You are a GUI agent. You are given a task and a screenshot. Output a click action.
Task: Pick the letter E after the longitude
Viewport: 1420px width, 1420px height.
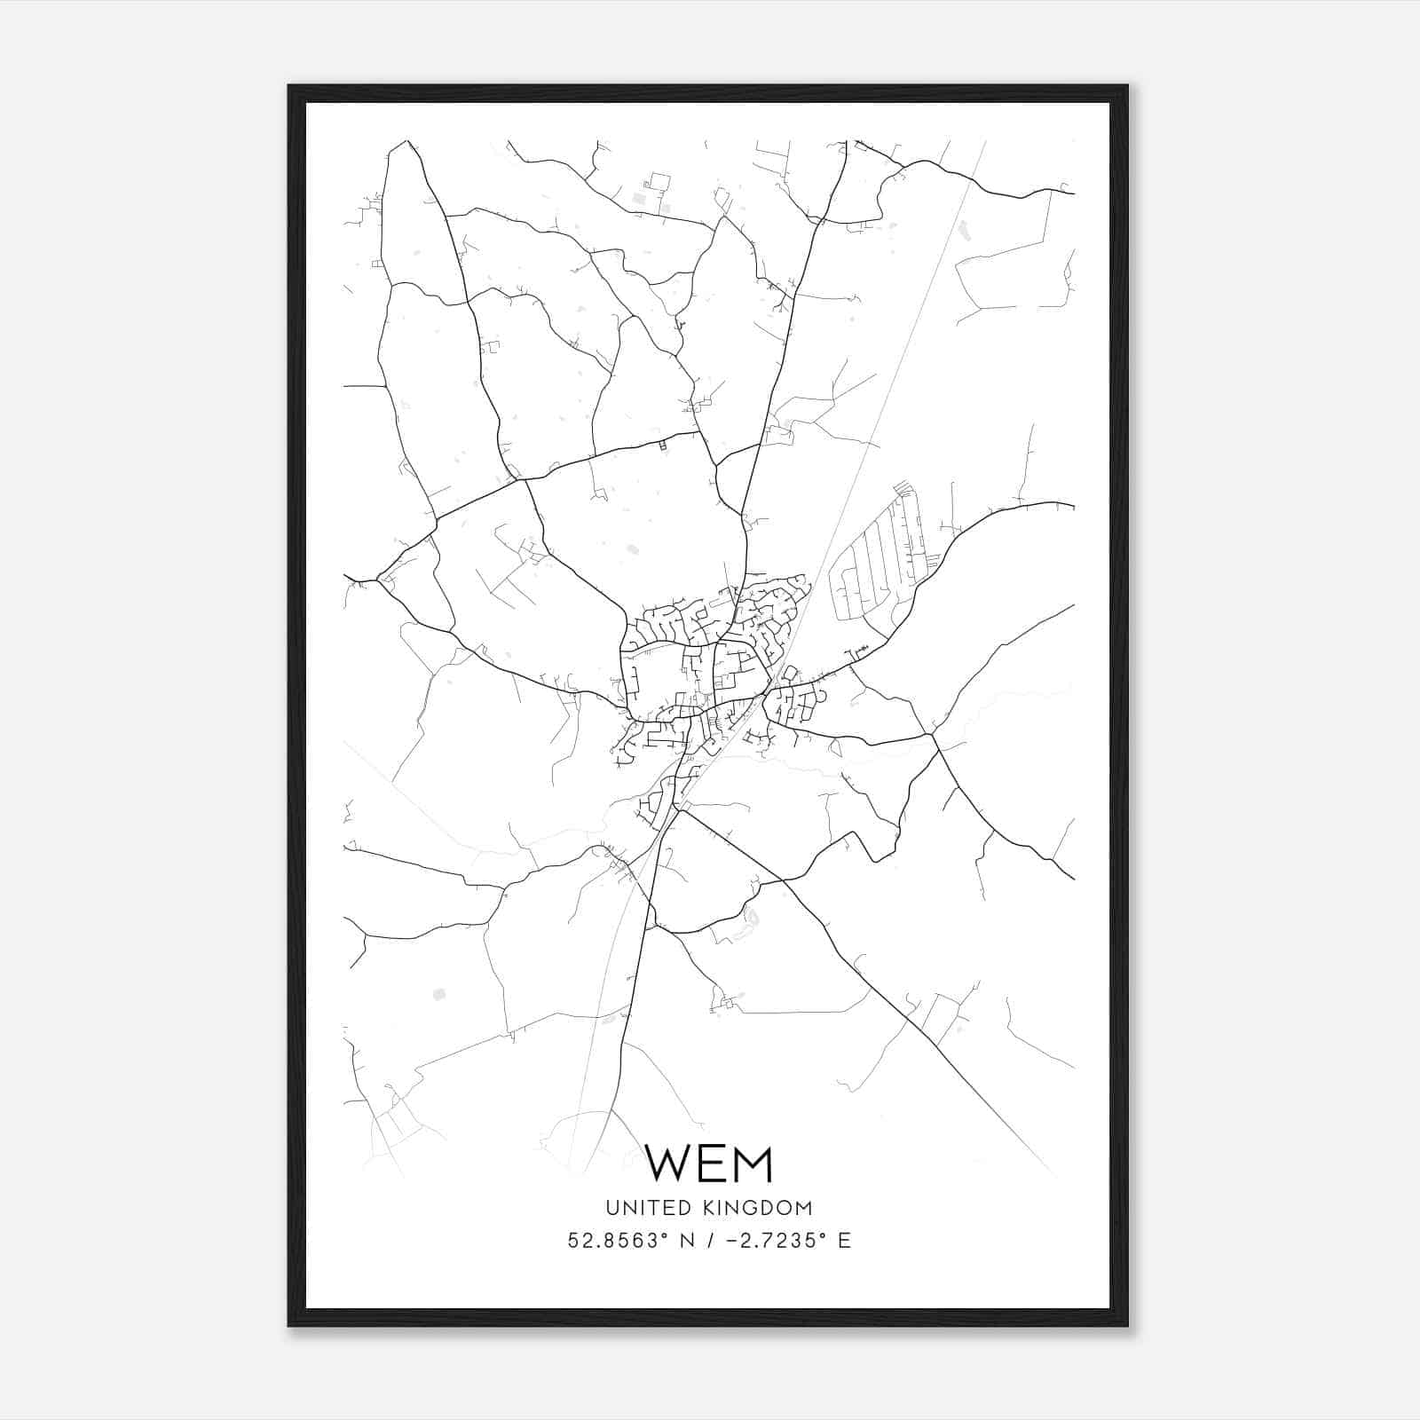[x=844, y=1241]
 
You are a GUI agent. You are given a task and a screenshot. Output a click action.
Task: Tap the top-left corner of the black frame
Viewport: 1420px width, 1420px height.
[x=289, y=86]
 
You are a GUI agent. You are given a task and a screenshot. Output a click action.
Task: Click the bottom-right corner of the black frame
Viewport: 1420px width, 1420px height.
[x=1127, y=1326]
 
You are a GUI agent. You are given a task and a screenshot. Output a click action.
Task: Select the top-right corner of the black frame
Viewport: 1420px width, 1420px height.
[x=1127, y=86]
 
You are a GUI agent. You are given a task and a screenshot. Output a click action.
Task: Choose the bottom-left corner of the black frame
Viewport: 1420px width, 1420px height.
[x=289, y=1326]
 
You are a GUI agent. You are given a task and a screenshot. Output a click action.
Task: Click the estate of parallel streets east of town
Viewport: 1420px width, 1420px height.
[x=874, y=559]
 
